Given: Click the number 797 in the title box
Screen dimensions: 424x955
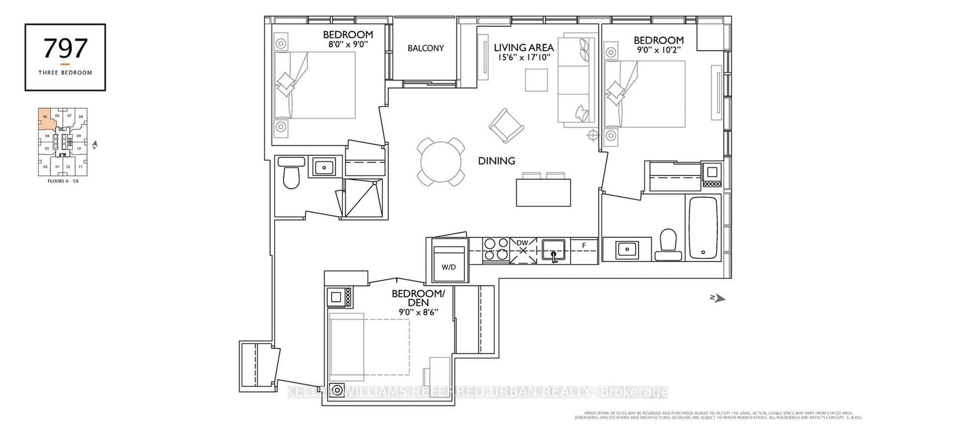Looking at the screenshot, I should coord(65,48).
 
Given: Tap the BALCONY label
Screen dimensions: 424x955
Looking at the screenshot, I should coord(426,48).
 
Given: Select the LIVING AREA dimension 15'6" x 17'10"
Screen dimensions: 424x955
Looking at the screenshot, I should coord(523,58).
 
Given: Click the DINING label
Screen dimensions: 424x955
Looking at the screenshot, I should coord(496,160).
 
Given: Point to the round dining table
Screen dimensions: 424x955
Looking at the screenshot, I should coord(440,162).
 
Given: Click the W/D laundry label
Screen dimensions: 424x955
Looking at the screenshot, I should coord(448,267).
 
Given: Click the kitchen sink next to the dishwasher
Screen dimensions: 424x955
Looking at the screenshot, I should coord(554,249).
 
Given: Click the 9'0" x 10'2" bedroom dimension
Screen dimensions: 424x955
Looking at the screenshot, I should coord(658,51).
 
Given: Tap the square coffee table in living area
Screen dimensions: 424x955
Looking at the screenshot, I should coord(536,80).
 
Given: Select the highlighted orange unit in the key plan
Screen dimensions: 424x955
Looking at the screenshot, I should coord(45,119).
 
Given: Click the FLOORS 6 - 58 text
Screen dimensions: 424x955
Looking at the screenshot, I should coord(63,181).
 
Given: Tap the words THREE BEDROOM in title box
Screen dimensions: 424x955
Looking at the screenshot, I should coord(65,73).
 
